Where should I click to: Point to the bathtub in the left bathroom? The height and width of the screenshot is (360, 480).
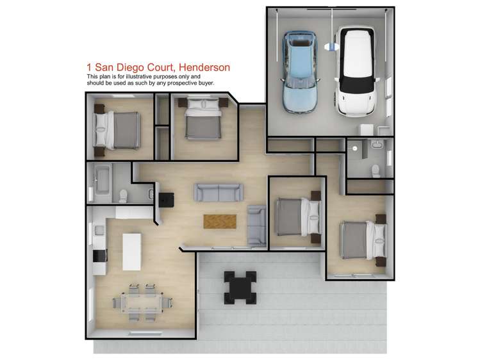102,180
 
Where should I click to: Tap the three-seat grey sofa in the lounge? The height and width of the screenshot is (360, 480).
219,192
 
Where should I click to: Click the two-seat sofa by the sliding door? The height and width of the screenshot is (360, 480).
257,226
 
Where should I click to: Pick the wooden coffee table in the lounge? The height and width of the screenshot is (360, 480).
219,221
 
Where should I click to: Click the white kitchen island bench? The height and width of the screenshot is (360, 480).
131,252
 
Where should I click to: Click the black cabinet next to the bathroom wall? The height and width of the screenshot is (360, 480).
166,200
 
